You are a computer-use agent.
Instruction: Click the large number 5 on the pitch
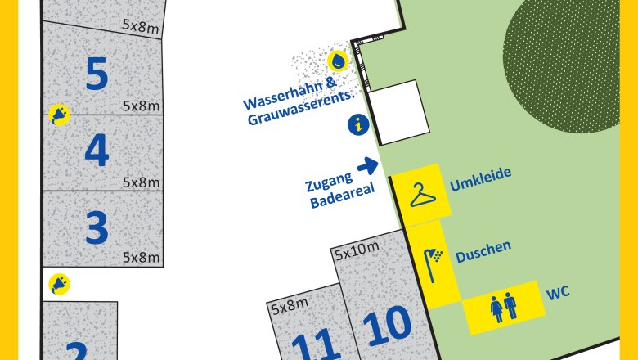point(97,74)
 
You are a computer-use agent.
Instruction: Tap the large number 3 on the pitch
point(97,227)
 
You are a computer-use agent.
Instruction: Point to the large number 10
point(386,326)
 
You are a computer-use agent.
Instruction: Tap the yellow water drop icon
point(337,61)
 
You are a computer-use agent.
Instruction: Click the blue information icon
point(357,124)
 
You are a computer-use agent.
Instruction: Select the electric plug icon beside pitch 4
point(59,115)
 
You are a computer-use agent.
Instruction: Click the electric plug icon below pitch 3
point(59,284)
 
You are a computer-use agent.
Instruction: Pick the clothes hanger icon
point(422,196)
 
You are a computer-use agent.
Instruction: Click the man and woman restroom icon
point(503,308)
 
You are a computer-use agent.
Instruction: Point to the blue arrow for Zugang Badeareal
point(368,166)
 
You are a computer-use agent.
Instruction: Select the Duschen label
point(483,247)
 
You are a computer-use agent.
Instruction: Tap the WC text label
point(559,290)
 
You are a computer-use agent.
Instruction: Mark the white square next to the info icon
point(396,111)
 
